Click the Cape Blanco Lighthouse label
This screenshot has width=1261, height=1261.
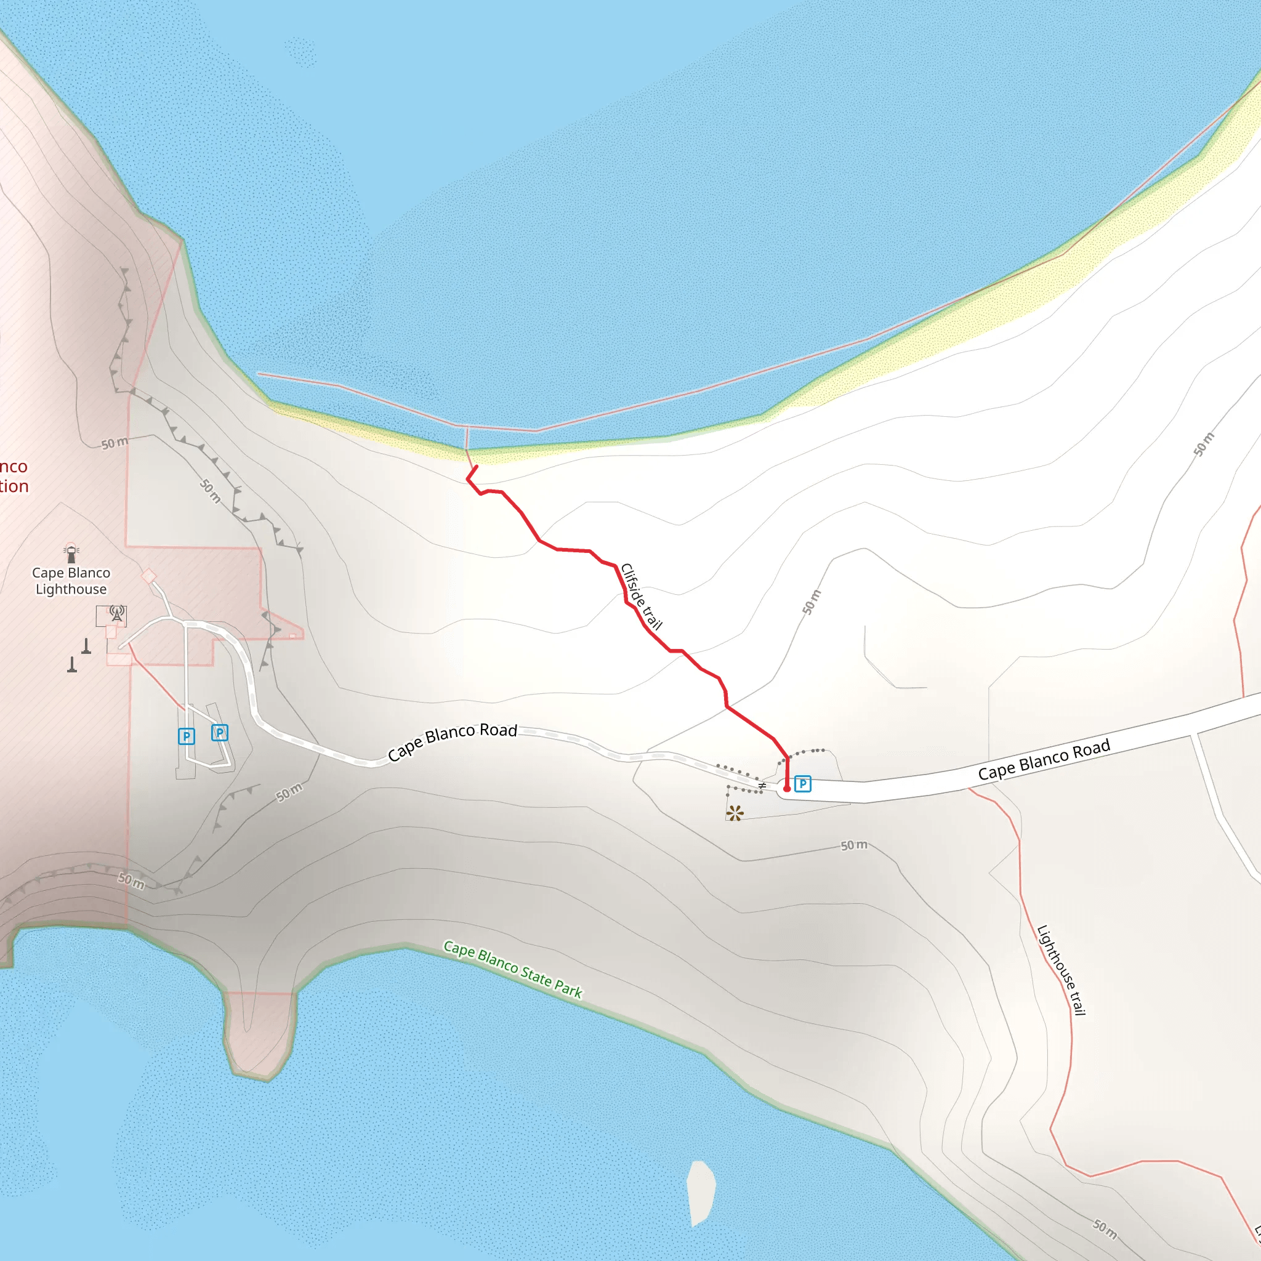point(71,580)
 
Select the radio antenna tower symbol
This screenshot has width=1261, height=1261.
point(117,613)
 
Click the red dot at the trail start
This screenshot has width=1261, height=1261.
point(786,789)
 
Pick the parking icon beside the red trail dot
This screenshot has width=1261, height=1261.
point(803,783)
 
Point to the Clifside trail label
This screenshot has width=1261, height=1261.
point(641,596)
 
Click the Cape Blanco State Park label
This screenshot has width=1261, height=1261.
point(512,969)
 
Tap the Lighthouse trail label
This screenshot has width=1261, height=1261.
point(1061,970)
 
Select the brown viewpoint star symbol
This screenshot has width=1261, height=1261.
point(735,813)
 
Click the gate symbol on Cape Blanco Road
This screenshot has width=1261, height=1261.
point(762,785)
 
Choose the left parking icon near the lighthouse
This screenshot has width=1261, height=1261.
point(186,736)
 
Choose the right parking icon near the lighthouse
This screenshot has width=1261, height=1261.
point(219,732)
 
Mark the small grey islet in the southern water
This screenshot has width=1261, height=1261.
point(701,1193)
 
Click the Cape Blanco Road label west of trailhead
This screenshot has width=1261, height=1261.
point(453,741)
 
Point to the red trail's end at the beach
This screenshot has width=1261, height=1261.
point(477,466)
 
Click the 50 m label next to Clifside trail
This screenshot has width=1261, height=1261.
point(812,602)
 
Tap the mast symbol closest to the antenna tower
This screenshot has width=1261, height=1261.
point(86,645)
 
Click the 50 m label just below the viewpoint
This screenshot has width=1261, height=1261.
point(854,845)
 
